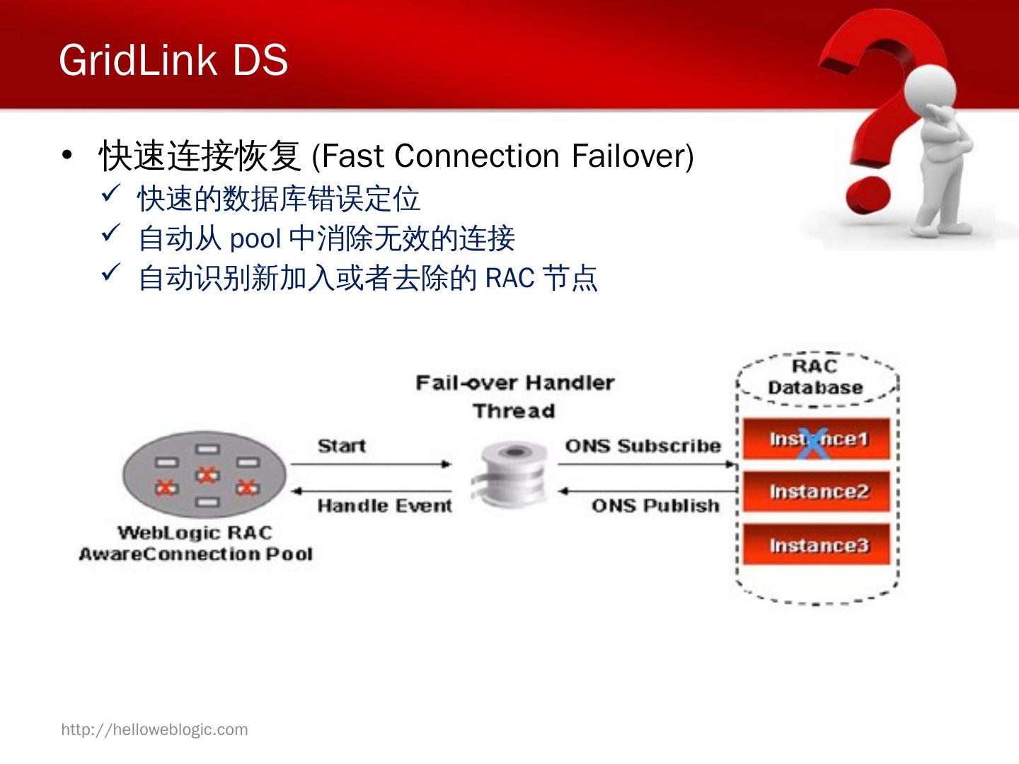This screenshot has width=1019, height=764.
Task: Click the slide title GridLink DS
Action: pyautogui.click(x=173, y=59)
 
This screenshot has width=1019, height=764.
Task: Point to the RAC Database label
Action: pyautogui.click(x=815, y=377)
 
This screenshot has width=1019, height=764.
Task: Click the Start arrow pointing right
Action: pyautogui.click(x=371, y=465)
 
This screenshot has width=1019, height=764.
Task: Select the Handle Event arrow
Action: pyautogui.click(x=371, y=490)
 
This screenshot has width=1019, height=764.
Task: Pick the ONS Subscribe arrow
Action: pyautogui.click(x=647, y=465)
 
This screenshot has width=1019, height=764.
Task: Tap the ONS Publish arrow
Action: pyautogui.click(x=647, y=490)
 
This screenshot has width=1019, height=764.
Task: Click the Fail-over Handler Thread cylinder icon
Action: pyautogui.click(x=509, y=474)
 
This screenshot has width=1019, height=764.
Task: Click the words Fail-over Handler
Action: pyautogui.click(x=514, y=383)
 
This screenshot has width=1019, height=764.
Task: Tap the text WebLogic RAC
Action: pyautogui.click(x=195, y=533)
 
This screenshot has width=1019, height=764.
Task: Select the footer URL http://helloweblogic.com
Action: pyautogui.click(x=154, y=729)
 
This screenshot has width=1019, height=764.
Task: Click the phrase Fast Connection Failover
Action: pyautogui.click(x=502, y=156)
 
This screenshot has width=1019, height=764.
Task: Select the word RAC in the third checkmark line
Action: pyautogui.click(x=509, y=278)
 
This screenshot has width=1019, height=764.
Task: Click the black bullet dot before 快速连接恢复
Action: pyautogui.click(x=67, y=155)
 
